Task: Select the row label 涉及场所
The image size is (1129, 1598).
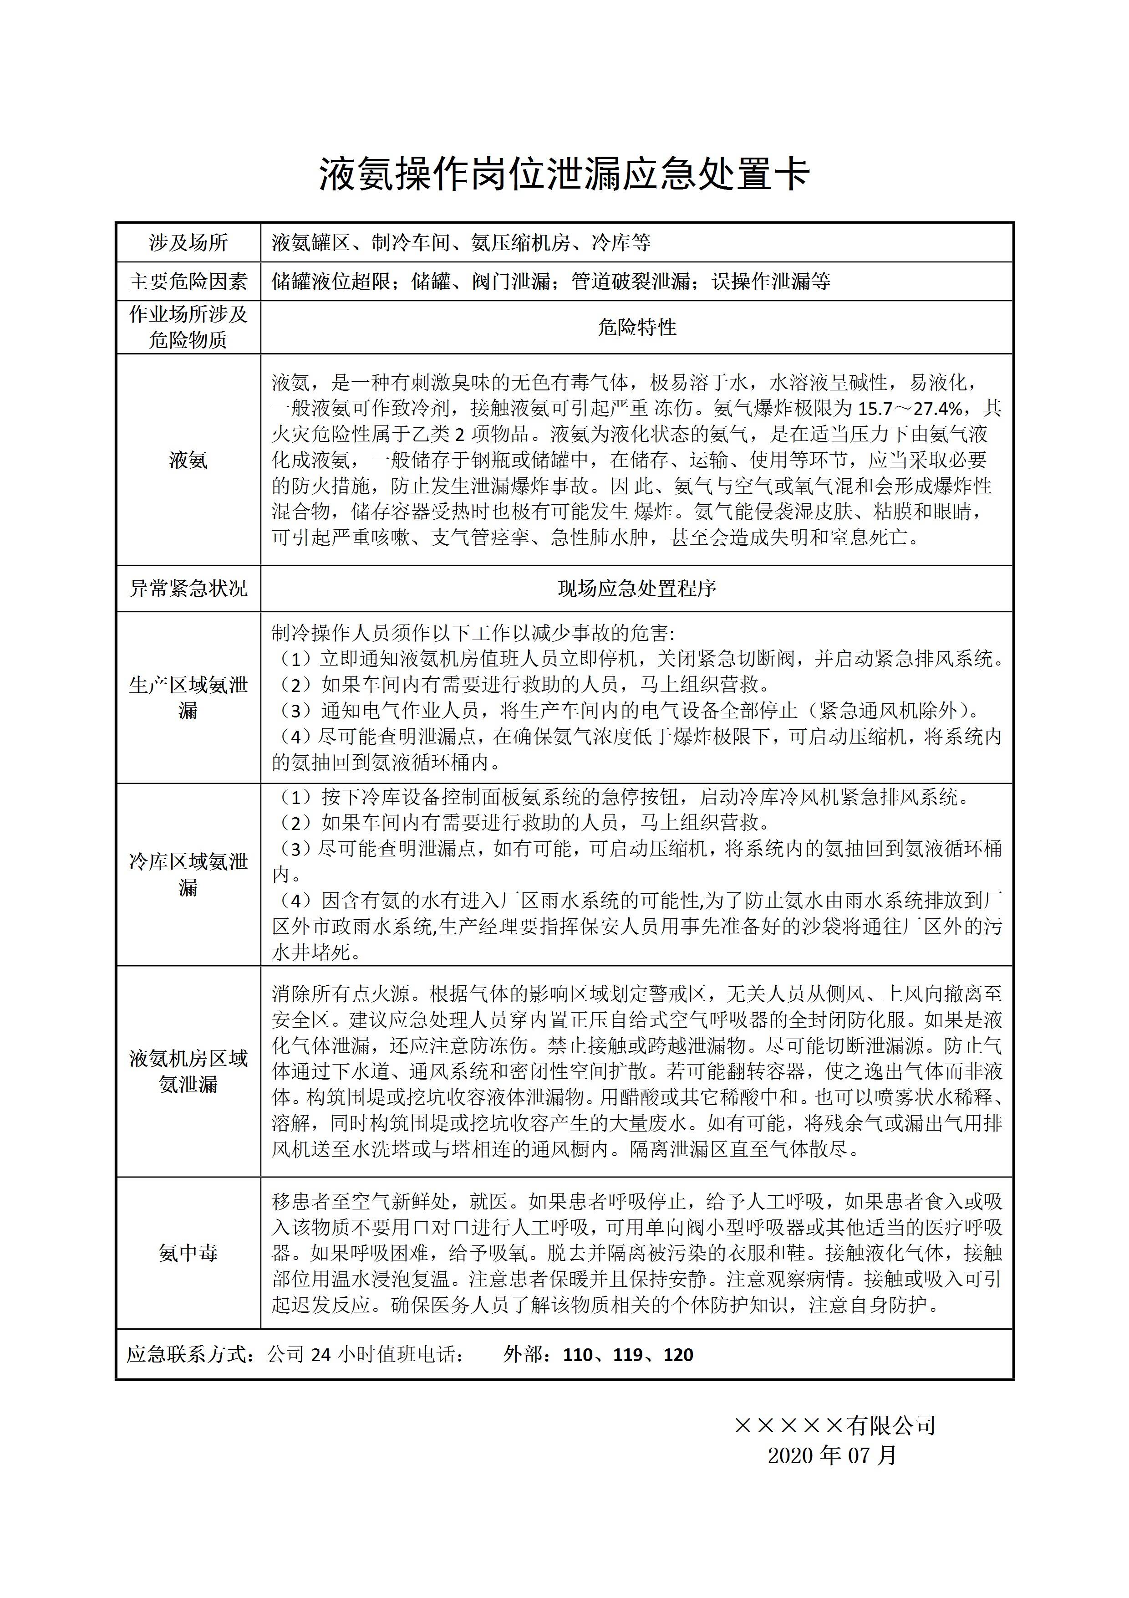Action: pyautogui.click(x=188, y=243)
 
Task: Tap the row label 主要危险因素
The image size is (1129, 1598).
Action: pyautogui.click(x=188, y=282)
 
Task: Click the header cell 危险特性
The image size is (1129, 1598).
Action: pyautogui.click(x=636, y=327)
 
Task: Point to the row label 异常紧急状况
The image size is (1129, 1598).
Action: pyautogui.click(x=188, y=589)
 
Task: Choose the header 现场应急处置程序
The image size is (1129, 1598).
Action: pyautogui.click(x=636, y=589)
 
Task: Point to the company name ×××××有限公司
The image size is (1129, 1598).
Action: pyautogui.click(x=835, y=1425)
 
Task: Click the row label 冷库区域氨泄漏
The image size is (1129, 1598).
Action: pyautogui.click(x=188, y=875)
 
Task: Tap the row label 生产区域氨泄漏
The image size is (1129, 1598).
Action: pyautogui.click(x=188, y=697)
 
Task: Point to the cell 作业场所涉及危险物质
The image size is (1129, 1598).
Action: pyautogui.click(x=188, y=327)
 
